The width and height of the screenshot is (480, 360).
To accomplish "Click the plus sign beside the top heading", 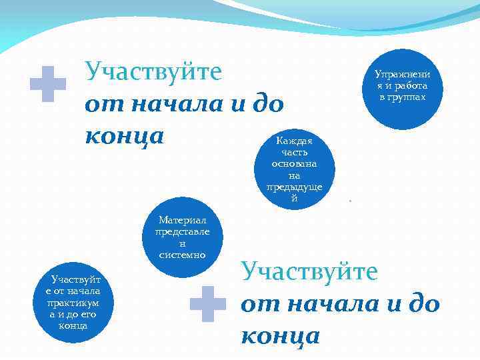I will (x=49, y=84).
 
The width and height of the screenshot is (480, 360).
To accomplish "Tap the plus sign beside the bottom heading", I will (x=207, y=305).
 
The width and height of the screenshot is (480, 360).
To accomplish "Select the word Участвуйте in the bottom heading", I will (x=309, y=272).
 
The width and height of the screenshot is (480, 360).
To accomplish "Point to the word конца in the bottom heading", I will (x=280, y=335).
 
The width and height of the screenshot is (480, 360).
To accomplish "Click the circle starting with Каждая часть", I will (x=295, y=170).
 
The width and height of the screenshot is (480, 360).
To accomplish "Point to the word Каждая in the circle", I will (x=295, y=141).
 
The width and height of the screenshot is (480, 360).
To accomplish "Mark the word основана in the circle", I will (x=295, y=164).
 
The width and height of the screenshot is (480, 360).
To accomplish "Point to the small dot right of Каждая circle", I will (x=349, y=201).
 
